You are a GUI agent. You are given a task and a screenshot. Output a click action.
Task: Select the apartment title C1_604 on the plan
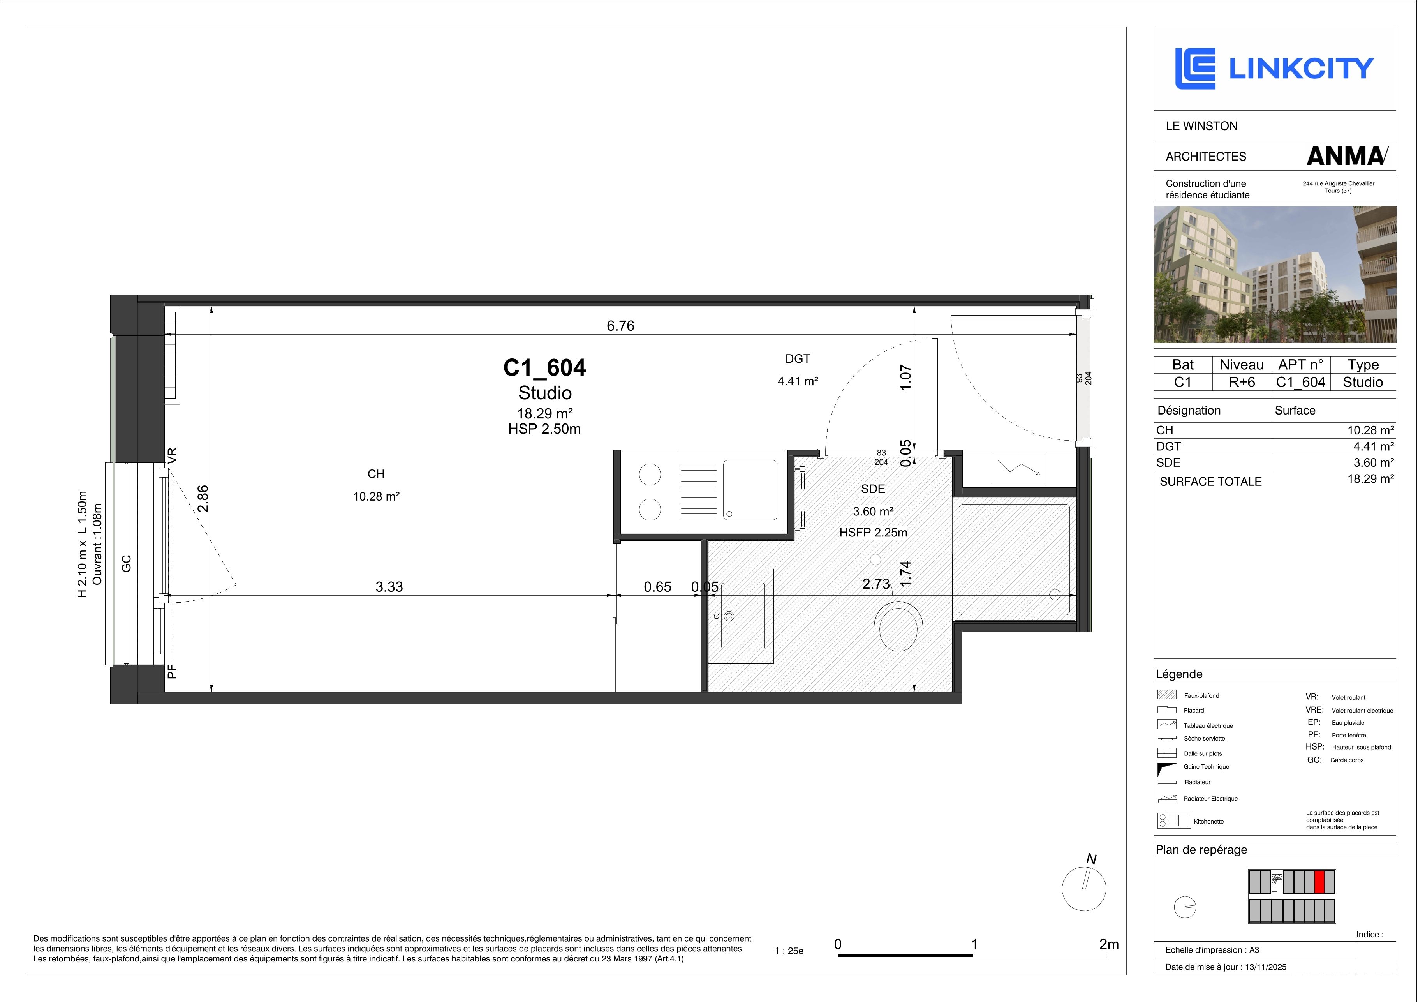(x=545, y=367)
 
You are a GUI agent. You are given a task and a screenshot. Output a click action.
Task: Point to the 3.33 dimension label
(x=389, y=586)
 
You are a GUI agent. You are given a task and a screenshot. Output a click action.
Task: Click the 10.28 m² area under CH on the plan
(x=376, y=496)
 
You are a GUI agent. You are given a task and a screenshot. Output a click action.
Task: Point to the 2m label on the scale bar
(x=1109, y=945)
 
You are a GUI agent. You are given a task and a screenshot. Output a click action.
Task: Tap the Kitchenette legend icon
(x=1173, y=821)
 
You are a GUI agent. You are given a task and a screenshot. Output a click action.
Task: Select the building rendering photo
(x=1274, y=274)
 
